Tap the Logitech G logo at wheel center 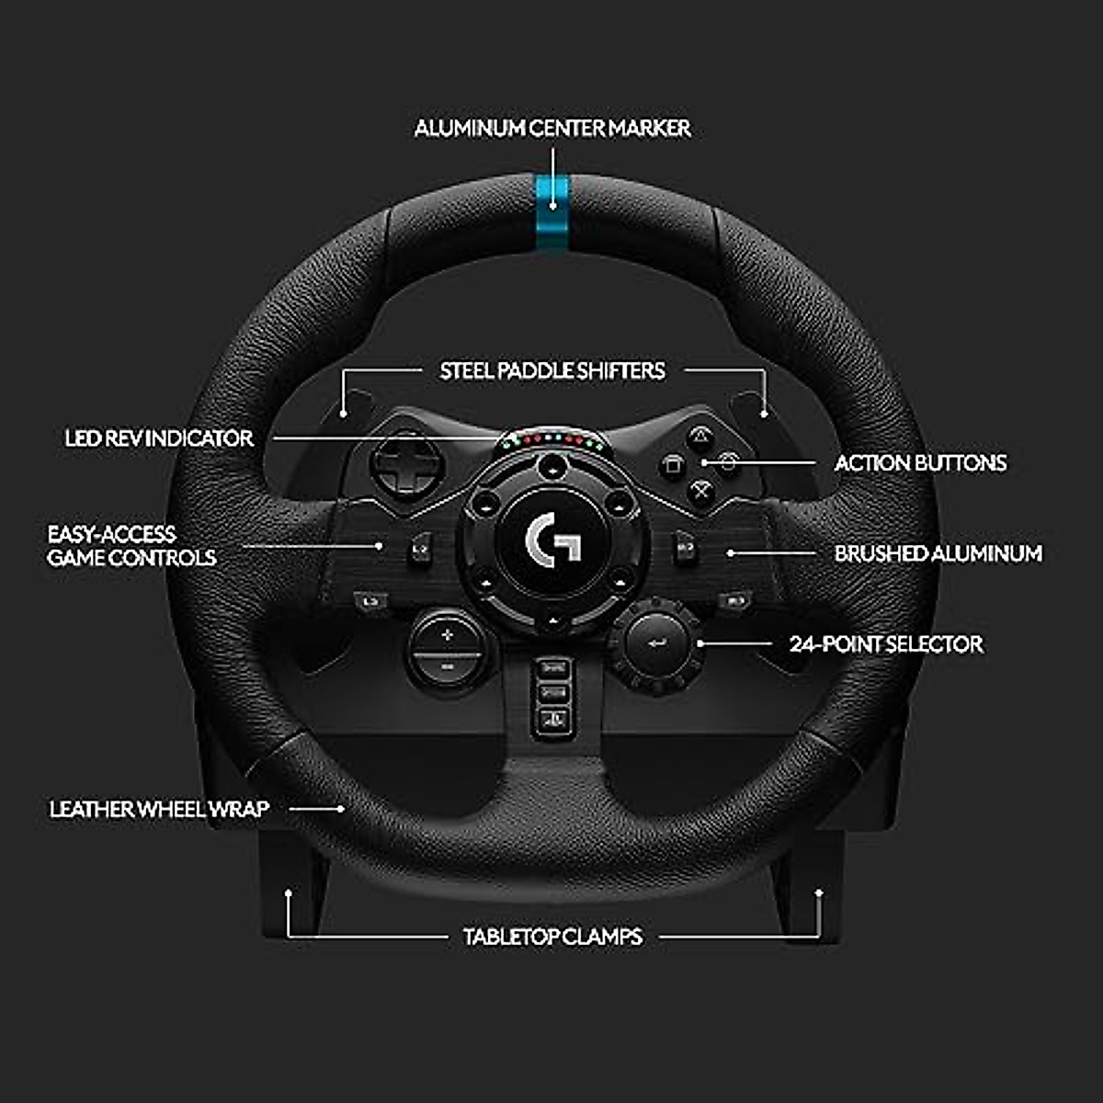point(552,540)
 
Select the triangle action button point(701,435)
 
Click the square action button point(673,464)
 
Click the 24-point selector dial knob point(658,642)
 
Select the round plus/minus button point(447,649)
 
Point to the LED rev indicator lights point(552,440)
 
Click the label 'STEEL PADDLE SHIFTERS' point(551,371)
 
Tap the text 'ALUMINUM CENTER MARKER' point(551,129)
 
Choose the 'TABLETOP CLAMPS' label point(552,937)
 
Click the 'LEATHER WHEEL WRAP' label point(159,809)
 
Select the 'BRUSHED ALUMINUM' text point(938,553)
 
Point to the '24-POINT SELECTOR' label point(886,643)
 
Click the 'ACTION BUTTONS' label point(920,463)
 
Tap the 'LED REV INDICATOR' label point(159,438)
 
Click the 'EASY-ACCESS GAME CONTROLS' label point(131,546)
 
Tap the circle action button point(729,463)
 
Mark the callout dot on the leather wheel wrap point(341,809)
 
